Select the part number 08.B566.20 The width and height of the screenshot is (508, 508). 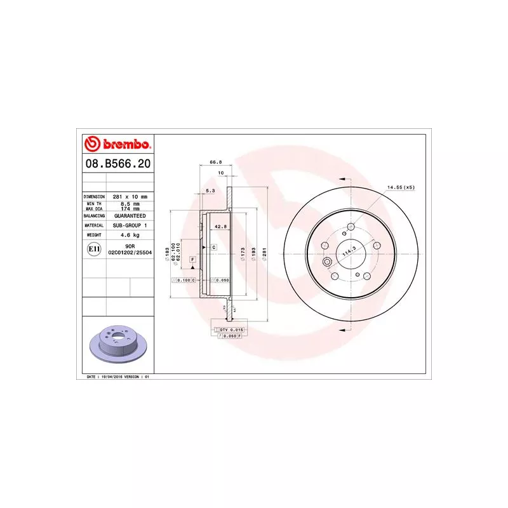click(x=117, y=164)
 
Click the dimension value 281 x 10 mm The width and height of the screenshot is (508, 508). click(x=130, y=197)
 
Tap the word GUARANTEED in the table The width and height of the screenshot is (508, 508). click(x=130, y=216)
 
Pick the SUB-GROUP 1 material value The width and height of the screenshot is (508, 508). click(x=130, y=225)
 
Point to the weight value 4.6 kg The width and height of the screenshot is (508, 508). click(x=130, y=235)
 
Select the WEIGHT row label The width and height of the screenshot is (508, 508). click(x=93, y=235)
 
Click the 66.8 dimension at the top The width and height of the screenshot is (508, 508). click(x=215, y=163)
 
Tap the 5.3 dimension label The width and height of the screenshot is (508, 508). click(x=211, y=190)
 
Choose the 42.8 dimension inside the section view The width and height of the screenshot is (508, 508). click(x=220, y=227)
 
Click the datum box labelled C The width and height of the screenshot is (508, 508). click(x=214, y=247)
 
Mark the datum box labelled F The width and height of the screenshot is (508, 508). click(x=192, y=260)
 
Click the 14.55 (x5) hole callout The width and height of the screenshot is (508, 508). click(x=400, y=187)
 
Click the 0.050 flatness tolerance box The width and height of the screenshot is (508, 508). click(x=220, y=279)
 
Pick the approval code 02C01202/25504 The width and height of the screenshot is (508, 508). click(x=130, y=253)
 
